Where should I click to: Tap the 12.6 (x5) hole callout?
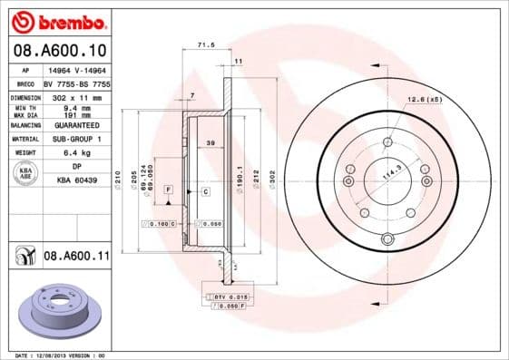click(x=424, y=98)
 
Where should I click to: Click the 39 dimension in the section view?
click(x=210, y=144)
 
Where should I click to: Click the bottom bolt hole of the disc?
click(x=387, y=239)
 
